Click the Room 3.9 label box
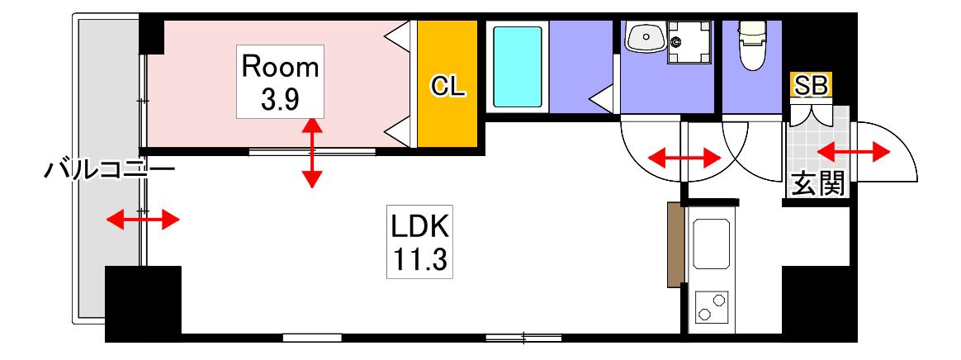click(281, 81)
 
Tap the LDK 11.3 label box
click(420, 242)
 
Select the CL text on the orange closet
click(448, 87)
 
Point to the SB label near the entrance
click(812, 85)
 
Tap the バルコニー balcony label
click(109, 168)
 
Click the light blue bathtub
click(518, 67)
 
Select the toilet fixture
click(750, 46)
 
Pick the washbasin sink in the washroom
click(646, 37)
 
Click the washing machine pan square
click(690, 42)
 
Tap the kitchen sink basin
click(711, 243)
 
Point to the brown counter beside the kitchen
click(675, 245)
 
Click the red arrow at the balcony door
click(143, 219)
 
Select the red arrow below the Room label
click(312, 152)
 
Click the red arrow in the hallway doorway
click(684, 159)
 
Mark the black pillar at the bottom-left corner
click(144, 303)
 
